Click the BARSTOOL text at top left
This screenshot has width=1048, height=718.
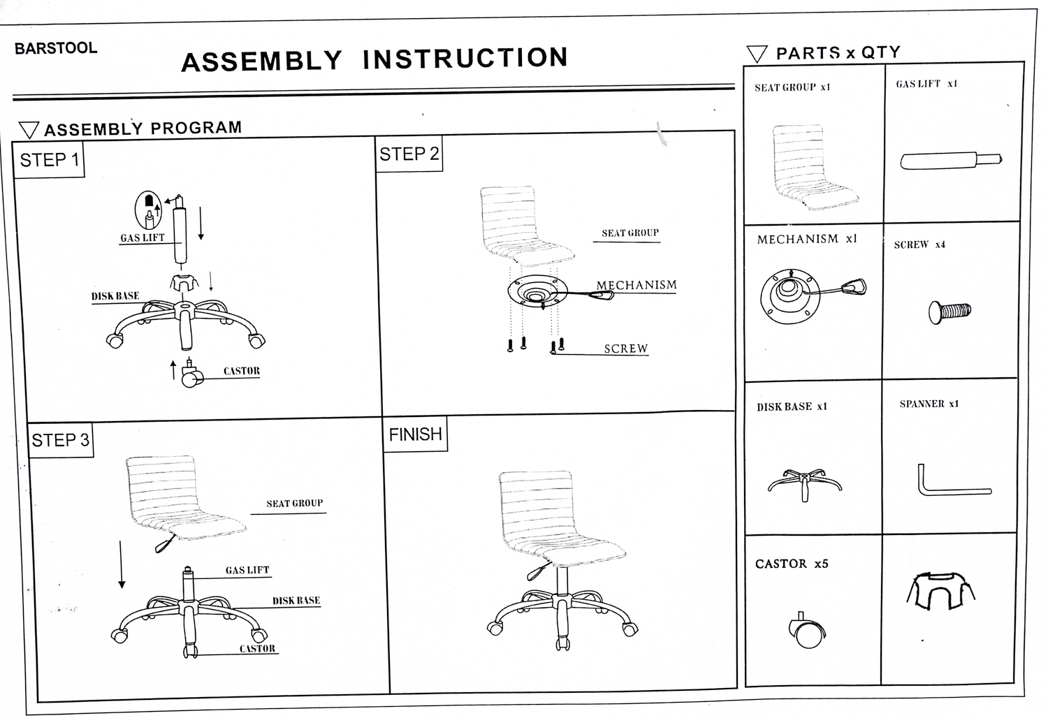pos(56,48)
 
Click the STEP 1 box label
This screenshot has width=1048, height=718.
pos(50,160)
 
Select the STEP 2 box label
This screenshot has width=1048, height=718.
pos(409,154)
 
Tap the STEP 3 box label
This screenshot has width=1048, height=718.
pos(60,440)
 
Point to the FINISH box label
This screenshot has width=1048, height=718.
pos(415,434)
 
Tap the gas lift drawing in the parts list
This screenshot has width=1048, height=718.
pos(951,161)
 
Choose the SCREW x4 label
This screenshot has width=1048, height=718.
pos(919,244)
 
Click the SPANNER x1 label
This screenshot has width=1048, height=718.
pos(929,404)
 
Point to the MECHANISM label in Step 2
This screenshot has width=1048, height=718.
pos(636,285)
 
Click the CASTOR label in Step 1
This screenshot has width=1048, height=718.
pos(242,371)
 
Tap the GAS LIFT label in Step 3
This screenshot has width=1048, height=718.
pos(247,570)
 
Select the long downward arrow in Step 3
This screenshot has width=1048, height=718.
pos(122,564)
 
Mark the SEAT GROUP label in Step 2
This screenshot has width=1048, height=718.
pos(630,233)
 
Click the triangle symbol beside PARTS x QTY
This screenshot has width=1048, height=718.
pos(757,54)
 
